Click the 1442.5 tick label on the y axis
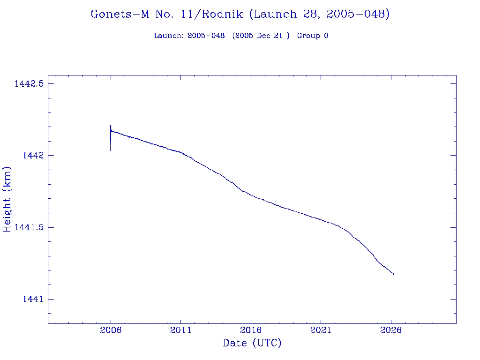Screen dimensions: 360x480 click(29, 84)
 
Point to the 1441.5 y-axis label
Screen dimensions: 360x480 click(29, 227)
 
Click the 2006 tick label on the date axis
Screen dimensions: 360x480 click(111, 330)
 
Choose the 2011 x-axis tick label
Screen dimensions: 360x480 click(181, 330)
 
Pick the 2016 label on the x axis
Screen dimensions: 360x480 click(251, 330)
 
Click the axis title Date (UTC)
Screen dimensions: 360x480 click(252, 344)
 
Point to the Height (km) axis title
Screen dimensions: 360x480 click(7, 199)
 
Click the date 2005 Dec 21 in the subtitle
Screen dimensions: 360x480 click(261, 36)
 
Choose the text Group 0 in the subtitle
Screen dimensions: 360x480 click(312, 36)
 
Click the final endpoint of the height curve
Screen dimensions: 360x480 click(393, 274)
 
